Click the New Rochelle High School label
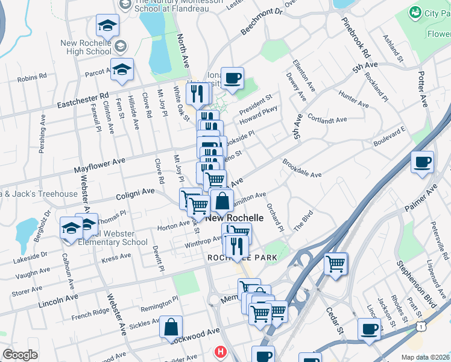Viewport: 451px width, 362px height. pyautogui.click(x=86, y=47)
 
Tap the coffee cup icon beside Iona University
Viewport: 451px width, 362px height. pyautogui.click(x=232, y=77)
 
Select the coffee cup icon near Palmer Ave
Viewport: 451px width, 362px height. pyautogui.click(x=423, y=162)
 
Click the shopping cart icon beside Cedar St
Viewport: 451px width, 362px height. pyautogui.click(x=336, y=263)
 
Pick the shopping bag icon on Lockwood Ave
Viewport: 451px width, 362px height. pyautogui.click(x=171, y=327)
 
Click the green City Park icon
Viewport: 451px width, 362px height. pyautogui.click(x=415, y=13)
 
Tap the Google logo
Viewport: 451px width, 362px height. pyautogui.click(x=20, y=355)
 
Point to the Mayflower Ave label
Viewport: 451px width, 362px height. pyautogui.click(x=99, y=162)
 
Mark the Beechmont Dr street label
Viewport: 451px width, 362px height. pyautogui.click(x=262, y=21)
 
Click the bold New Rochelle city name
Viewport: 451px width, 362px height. pyautogui.click(x=235, y=218)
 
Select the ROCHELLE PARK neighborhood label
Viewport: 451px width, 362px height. pyautogui.click(x=242, y=258)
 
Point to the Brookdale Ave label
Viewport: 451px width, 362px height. pyautogui.click(x=302, y=168)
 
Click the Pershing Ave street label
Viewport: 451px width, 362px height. pyautogui.click(x=42, y=134)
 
